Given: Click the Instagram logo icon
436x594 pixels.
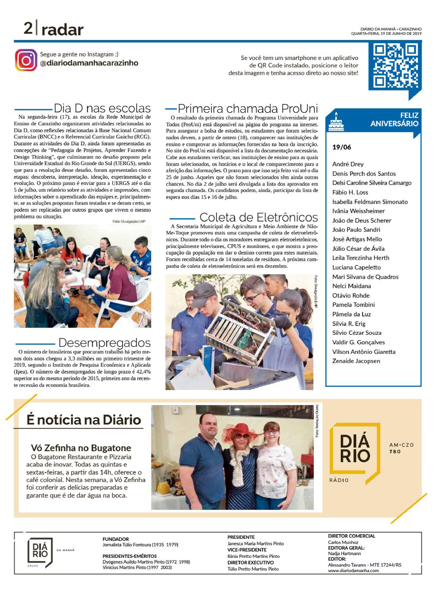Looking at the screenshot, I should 26,60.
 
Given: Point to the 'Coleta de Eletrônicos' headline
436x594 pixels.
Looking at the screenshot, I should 258,217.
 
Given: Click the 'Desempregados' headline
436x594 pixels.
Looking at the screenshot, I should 105,343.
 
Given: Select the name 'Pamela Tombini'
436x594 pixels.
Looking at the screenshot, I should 353,305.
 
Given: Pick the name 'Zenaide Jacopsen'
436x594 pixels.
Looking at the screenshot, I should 356,361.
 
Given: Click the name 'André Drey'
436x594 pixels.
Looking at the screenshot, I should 348,164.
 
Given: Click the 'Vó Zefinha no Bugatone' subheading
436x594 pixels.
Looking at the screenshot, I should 81,448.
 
